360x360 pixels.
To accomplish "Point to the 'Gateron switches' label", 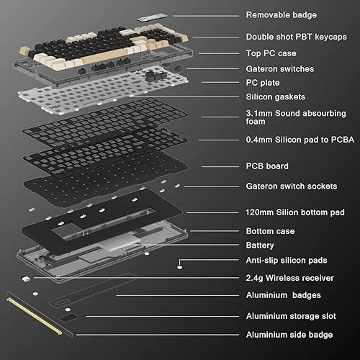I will pos(279,68).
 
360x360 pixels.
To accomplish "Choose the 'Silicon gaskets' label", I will pos(276,96).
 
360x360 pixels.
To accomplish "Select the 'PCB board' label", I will pos(267,166).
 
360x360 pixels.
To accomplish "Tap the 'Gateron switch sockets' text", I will pos(291,186).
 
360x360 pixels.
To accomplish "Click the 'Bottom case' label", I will pos(271,232).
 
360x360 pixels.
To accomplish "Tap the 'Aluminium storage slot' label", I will pos(291,316).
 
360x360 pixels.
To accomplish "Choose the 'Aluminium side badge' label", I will pos(289,335).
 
